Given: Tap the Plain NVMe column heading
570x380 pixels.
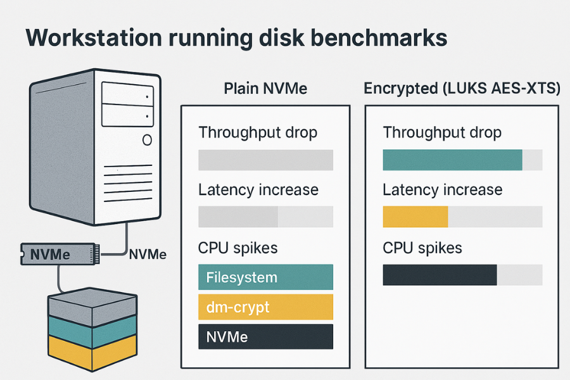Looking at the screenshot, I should click(x=265, y=89).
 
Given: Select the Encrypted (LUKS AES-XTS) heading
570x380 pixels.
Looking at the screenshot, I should click(x=462, y=89).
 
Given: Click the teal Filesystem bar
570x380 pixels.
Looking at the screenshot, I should click(x=265, y=277).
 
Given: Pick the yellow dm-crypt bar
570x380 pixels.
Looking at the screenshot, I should click(x=265, y=307).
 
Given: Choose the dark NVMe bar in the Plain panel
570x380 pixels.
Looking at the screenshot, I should click(x=265, y=337).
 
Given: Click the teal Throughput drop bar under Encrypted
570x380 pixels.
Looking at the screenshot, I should click(x=452, y=160).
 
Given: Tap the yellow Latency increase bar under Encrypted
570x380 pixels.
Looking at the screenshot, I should click(x=415, y=217).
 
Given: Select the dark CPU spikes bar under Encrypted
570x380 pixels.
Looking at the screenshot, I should click(x=440, y=275).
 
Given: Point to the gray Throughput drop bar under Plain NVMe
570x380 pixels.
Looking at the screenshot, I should click(x=265, y=160).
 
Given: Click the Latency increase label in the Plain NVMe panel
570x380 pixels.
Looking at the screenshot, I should click(x=258, y=190).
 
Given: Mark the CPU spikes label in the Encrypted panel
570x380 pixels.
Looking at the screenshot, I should click(x=422, y=248).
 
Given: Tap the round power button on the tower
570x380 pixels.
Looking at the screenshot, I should click(x=147, y=140).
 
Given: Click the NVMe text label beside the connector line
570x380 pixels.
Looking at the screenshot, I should click(x=148, y=255).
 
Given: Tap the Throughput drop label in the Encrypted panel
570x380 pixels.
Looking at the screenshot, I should click(x=442, y=132).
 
